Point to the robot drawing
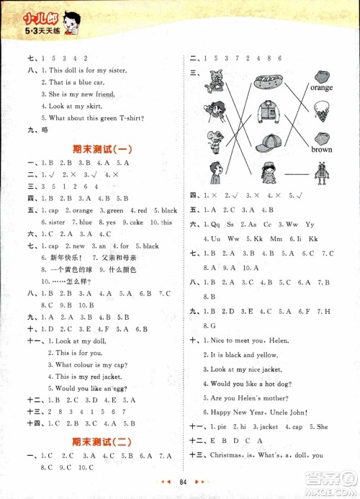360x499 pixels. pos(322,174)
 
